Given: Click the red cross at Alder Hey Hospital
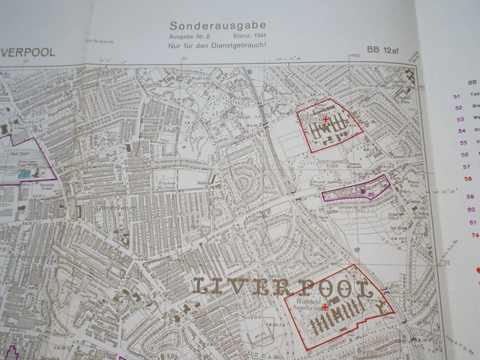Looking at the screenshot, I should (x=325, y=119).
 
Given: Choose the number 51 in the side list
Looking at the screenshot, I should (x=457, y=96).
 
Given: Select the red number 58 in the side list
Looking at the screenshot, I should (x=469, y=178).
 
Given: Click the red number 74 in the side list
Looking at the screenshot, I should (x=474, y=235).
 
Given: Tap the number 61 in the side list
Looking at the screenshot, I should (x=472, y=222).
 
